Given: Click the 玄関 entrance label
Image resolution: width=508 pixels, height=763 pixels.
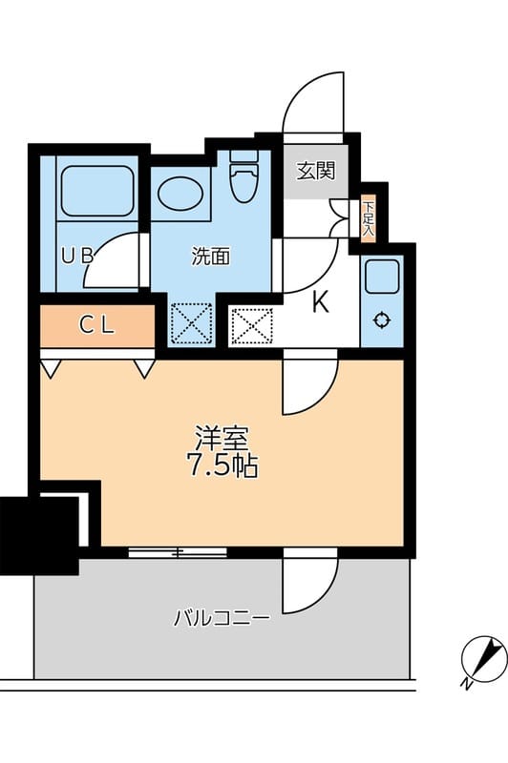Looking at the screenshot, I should (x=314, y=172).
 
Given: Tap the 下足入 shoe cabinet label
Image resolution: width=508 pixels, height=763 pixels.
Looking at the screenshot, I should (x=368, y=218).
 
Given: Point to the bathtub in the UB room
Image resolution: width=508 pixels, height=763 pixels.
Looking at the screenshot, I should (x=96, y=191).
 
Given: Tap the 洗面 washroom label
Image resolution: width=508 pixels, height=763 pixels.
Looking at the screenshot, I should (x=210, y=256).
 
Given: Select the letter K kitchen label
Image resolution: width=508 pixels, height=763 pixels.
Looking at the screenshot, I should (x=321, y=303).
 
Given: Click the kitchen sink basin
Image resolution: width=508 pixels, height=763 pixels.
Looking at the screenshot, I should (x=383, y=278).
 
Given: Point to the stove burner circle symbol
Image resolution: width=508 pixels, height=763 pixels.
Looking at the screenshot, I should (x=383, y=320).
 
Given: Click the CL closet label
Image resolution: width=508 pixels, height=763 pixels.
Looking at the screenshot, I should (x=95, y=325).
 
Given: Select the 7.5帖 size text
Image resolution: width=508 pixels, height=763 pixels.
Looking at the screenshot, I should (x=222, y=467).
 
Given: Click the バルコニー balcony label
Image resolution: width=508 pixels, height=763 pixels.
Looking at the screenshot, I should (x=222, y=618).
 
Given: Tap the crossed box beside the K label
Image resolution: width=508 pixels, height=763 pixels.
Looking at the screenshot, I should (x=252, y=326).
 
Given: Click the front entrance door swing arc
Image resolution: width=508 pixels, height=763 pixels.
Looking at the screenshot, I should (x=311, y=102).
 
